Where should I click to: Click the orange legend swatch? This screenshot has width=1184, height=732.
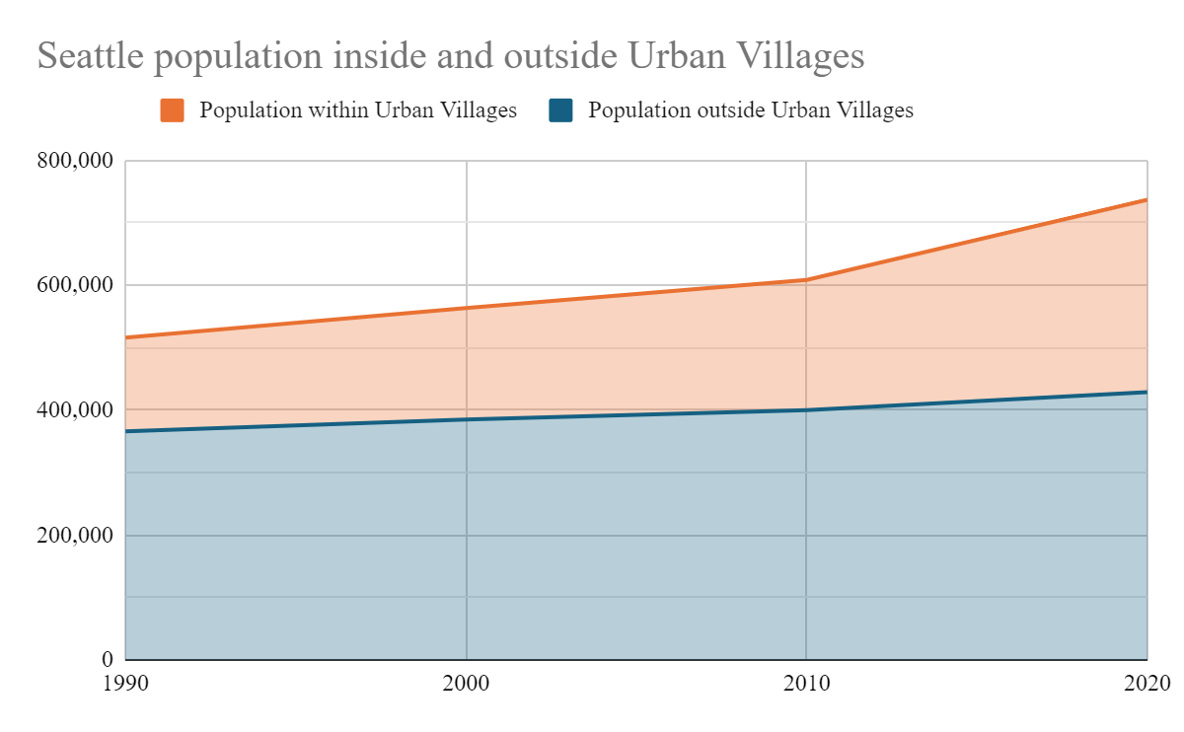(173, 110)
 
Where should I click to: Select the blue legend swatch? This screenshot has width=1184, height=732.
(560, 110)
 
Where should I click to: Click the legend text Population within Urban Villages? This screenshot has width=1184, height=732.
(358, 110)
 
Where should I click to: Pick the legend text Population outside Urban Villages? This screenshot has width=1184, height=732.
(751, 110)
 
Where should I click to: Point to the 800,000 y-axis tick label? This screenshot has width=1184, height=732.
(76, 161)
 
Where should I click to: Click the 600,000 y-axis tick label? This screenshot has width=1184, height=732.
(76, 285)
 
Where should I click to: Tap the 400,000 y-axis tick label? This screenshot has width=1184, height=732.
(76, 410)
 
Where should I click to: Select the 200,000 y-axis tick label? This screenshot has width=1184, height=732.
(76, 536)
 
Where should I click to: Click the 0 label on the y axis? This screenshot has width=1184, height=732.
(108, 659)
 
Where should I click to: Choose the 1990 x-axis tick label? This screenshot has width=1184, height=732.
(126, 683)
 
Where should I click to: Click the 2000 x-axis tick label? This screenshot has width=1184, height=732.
(466, 683)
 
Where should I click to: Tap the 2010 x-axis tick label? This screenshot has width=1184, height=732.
(806, 683)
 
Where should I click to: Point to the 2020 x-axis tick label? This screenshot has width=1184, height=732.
(1147, 683)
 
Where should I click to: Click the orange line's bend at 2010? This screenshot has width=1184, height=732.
(806, 280)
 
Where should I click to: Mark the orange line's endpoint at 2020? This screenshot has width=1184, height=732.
(1147, 200)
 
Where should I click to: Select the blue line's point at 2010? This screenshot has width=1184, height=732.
(806, 410)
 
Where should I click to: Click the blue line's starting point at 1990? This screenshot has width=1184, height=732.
(127, 431)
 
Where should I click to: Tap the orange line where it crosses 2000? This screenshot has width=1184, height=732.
(466, 308)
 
